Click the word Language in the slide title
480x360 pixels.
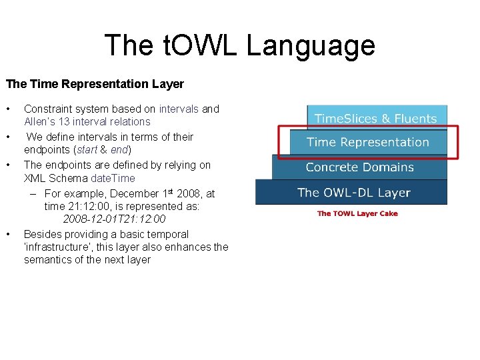pos(311,45)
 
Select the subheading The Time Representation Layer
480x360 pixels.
pos(95,84)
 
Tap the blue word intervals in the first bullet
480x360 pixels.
pos(179,109)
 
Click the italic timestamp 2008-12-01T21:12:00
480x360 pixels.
pos(114,219)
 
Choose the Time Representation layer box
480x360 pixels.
pos(367,142)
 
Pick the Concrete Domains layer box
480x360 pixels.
pos(359,167)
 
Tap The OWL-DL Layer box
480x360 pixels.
pos(353,193)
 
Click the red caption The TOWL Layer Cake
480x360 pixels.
pos(357,213)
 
